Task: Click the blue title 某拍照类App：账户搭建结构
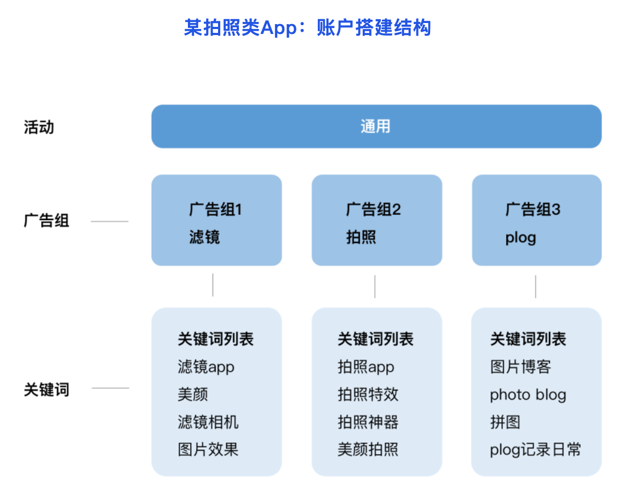pos(308,28)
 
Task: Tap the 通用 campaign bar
pos(376,127)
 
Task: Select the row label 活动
pos(39,127)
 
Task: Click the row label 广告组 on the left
pos(47,221)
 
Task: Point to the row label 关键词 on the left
pos(47,389)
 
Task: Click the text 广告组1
pos(215,209)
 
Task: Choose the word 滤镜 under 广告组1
pos(204,237)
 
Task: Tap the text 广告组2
pos(374,209)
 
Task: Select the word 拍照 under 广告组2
pos(361,237)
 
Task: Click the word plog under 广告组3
pos(521,238)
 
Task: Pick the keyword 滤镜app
pos(206,367)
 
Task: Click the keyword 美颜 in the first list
pos(193,394)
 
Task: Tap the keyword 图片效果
pos(208,449)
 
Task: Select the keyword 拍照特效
pos(368,394)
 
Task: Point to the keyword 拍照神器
pos(368,422)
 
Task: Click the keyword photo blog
pos(528,395)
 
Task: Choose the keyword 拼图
pos(505,422)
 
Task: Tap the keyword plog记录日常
pos(535,450)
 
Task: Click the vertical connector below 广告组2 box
pos(375,286)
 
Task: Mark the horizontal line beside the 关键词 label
pos(110,388)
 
